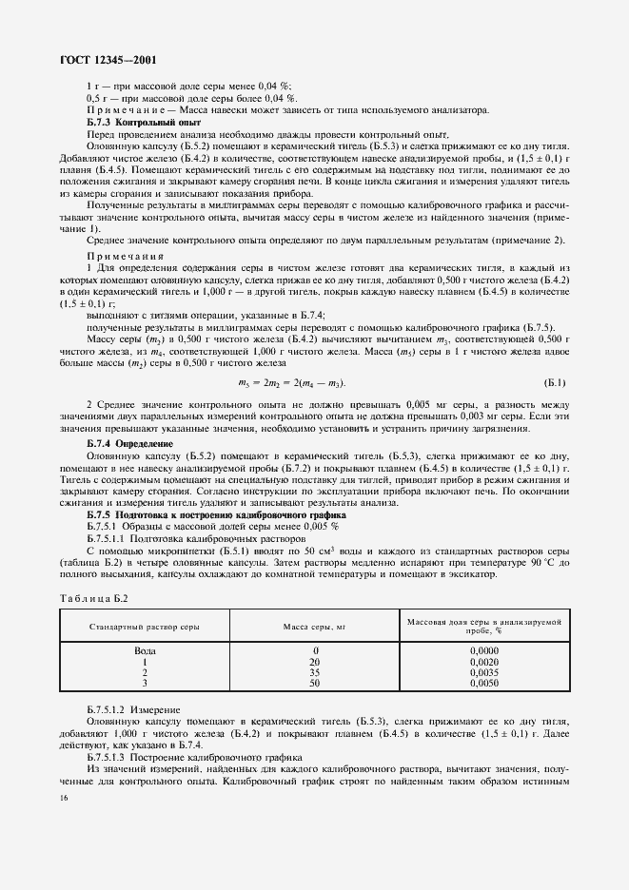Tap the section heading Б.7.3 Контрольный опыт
tap(130, 122)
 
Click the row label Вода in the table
tap(144, 649)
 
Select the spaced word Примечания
tap(126, 256)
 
